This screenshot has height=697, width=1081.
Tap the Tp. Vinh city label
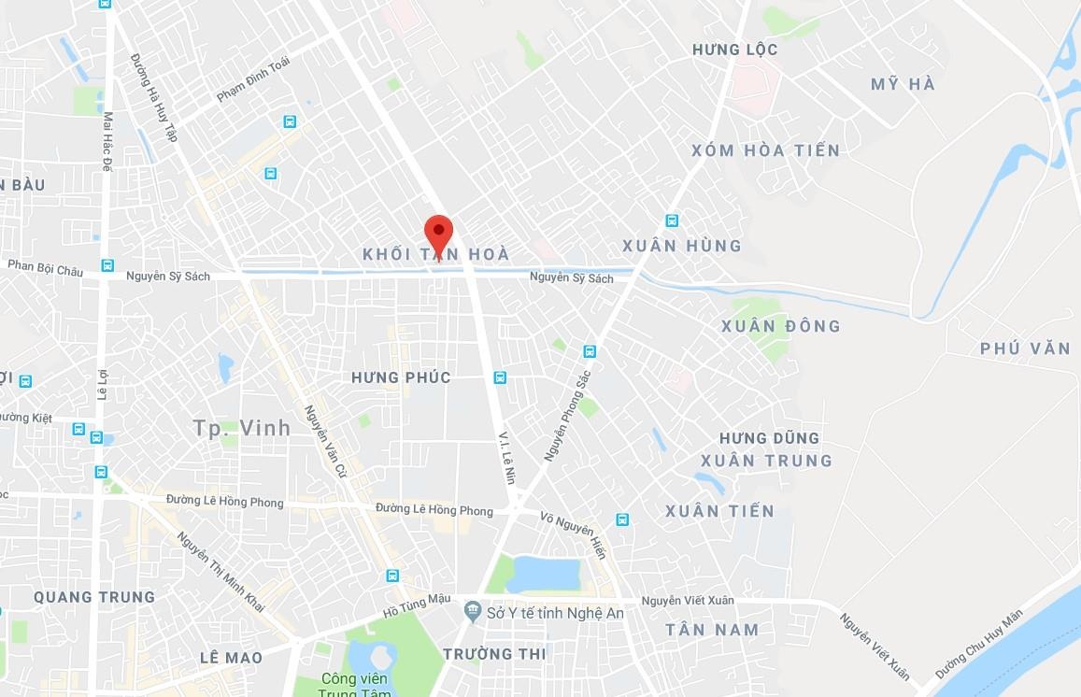click(x=241, y=428)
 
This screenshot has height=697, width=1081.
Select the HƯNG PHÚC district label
click(x=401, y=377)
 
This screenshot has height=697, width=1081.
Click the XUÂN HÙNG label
click(x=681, y=246)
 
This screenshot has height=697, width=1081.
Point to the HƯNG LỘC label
click(x=734, y=50)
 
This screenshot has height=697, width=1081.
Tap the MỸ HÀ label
click(x=903, y=85)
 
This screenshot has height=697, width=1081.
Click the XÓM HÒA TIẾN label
click(x=765, y=150)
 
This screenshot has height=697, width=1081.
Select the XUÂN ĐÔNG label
click(x=781, y=326)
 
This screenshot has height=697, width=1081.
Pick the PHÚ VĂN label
click(x=1025, y=348)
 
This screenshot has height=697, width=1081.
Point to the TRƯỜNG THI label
click(x=494, y=654)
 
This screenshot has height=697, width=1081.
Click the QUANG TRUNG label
click(x=94, y=597)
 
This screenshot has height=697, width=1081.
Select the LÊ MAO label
click(x=231, y=658)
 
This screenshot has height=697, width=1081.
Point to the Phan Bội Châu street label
click(x=45, y=268)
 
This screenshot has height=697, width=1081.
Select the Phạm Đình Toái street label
click(x=253, y=79)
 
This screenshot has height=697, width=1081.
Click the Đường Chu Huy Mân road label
click(x=979, y=645)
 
